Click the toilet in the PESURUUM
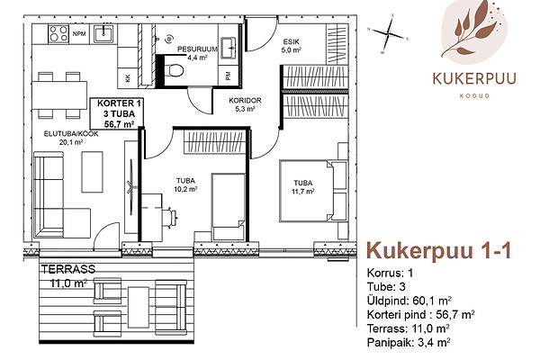click(174, 70)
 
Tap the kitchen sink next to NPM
click(103, 34)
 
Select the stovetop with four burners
click(58, 34)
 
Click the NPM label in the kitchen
click(79, 34)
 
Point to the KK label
click(128, 78)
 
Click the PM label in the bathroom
click(228, 76)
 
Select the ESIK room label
click(292, 42)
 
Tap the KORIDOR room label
click(245, 101)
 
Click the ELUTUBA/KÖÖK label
click(71, 134)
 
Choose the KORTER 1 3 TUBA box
click(116, 113)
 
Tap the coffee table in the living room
click(93, 172)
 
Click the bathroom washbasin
click(228, 47)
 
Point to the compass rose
click(388, 33)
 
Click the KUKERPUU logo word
click(474, 78)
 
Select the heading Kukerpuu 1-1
click(439, 251)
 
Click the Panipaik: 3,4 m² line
click(409, 342)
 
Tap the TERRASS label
click(68, 269)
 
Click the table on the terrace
click(138, 308)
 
